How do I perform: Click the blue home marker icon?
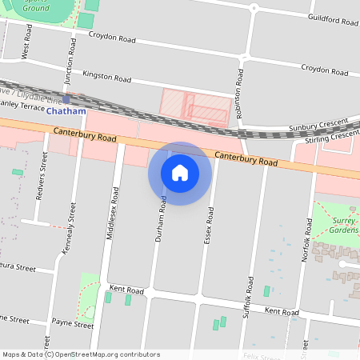point(180,173)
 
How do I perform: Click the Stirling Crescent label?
point(332,138)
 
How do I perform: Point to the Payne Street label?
point(72,325)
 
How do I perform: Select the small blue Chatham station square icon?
point(66,100)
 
